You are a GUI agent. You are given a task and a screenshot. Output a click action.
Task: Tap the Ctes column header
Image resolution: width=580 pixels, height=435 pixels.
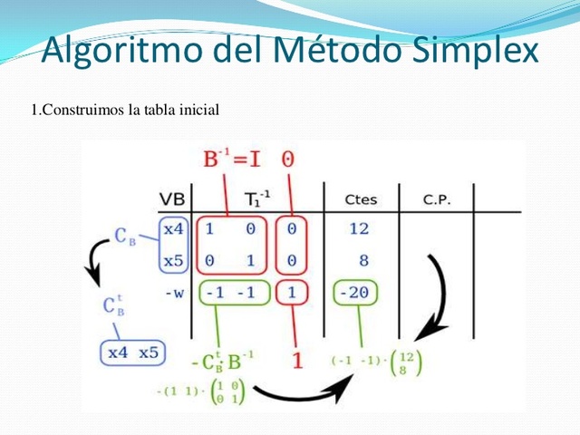coord(361,199)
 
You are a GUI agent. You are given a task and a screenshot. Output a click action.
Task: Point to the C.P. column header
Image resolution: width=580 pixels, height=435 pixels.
coord(437,199)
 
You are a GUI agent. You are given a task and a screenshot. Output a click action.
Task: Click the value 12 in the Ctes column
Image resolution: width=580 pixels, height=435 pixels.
coord(360,230)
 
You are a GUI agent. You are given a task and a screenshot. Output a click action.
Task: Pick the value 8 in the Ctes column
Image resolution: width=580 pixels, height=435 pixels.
coord(363,261)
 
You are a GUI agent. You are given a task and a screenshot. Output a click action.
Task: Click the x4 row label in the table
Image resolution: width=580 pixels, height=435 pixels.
coord(173,230)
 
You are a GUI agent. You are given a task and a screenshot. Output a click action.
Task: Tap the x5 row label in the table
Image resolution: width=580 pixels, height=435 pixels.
coord(173,261)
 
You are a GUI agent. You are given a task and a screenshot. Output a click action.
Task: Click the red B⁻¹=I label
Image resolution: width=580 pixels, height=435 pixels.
coord(233,160)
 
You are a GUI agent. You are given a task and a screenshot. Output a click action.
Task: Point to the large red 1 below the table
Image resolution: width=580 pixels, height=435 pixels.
coord(295,360)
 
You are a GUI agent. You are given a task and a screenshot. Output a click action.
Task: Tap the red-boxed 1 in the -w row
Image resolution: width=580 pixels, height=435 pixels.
coord(292,294)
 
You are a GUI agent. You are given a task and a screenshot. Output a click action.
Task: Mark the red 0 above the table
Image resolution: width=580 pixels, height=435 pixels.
coord(287,160)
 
